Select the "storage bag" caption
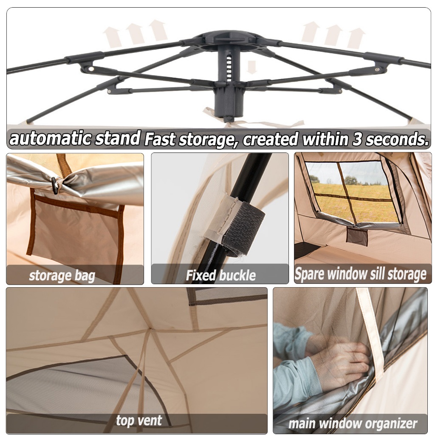point(62,276)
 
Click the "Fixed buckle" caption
point(220,275)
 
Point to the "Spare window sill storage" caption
point(360,274)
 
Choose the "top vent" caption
point(138,421)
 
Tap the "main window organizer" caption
point(353,423)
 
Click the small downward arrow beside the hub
point(251,67)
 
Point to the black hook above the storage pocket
point(55,185)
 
